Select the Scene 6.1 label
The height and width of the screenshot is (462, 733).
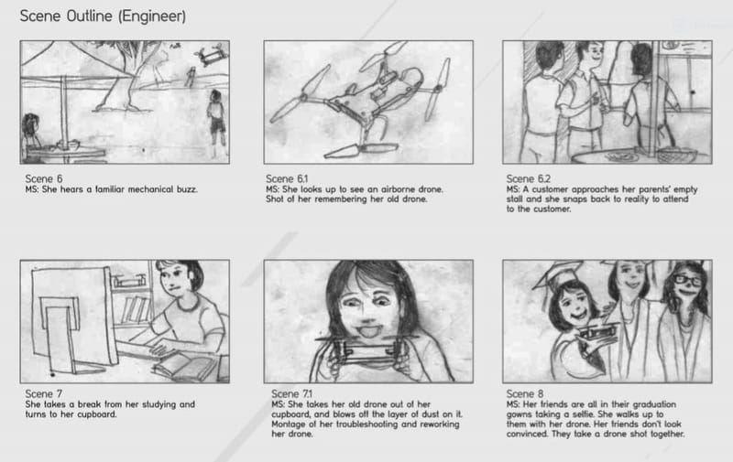pyautogui.click(x=285, y=179)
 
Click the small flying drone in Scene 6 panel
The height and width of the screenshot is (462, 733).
pyautogui.click(x=209, y=57)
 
